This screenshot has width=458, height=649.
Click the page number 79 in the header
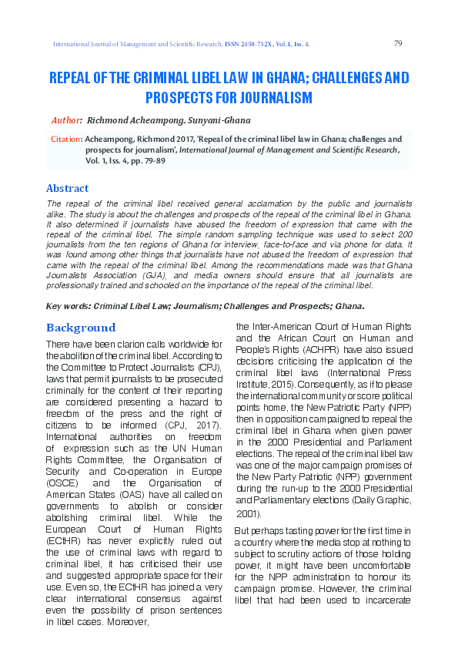click(x=398, y=43)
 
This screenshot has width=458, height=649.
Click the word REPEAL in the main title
click(x=72, y=79)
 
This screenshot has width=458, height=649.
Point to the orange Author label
click(x=66, y=121)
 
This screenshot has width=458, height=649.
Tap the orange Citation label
click(x=65, y=140)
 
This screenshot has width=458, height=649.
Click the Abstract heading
click(x=68, y=188)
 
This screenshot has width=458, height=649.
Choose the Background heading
click(x=81, y=328)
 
